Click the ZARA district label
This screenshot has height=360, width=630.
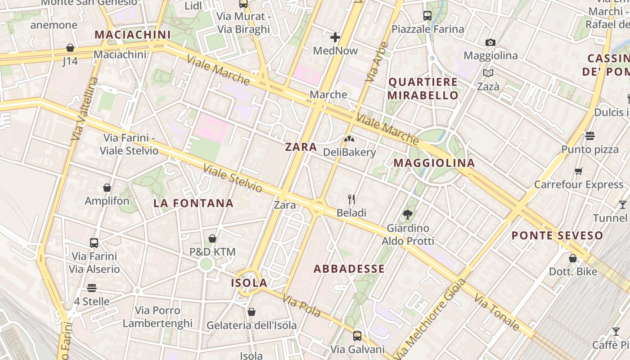tap(301, 147)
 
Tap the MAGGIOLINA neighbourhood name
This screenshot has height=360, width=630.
tap(434, 163)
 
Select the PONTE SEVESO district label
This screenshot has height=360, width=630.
tap(557, 235)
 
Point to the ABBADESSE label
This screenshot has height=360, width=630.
tap(349, 269)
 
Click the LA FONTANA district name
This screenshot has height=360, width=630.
tap(193, 203)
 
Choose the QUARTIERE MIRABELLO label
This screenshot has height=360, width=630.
tap(423, 89)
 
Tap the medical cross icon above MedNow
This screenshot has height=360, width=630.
tap(335, 37)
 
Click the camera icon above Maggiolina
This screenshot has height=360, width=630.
tap(490, 43)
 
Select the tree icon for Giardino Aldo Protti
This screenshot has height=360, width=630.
tap(408, 215)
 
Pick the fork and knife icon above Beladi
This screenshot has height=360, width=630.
tap(351, 199)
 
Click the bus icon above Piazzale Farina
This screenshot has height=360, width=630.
tap(427, 16)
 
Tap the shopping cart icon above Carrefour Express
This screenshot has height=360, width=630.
tap(579, 171)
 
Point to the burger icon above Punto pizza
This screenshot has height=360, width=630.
tap(590, 136)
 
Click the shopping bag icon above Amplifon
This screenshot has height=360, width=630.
tap(107, 188)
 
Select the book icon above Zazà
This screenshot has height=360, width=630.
tap(488, 73)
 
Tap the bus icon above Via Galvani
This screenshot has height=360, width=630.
tap(357, 336)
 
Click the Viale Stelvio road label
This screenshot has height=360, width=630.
tap(233, 178)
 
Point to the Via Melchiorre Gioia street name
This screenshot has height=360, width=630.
tap(429, 319)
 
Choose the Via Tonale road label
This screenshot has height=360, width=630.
tap(497, 313)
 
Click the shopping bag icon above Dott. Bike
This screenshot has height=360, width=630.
tap(573, 258)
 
